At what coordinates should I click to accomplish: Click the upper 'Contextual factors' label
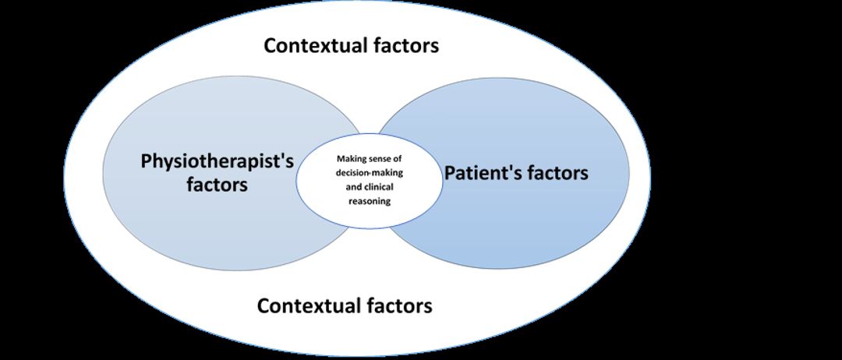coord(351,46)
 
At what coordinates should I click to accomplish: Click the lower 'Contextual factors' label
coord(345,305)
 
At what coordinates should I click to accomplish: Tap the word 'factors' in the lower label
coord(400,305)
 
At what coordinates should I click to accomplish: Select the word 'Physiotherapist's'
coord(218,161)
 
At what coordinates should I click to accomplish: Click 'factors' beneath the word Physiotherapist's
coord(218,185)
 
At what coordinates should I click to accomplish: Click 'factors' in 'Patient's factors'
coord(557,173)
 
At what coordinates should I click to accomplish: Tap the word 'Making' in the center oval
coord(351,159)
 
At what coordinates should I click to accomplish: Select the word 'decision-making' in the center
coord(370,173)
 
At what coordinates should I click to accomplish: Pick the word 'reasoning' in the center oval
coord(370,202)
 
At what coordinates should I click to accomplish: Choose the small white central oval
coord(370,181)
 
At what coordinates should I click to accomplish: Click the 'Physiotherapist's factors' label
coord(218,173)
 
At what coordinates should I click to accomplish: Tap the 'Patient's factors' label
coord(516,173)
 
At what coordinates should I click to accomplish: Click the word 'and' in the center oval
coord(353,187)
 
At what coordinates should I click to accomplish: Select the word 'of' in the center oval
coord(398,159)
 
